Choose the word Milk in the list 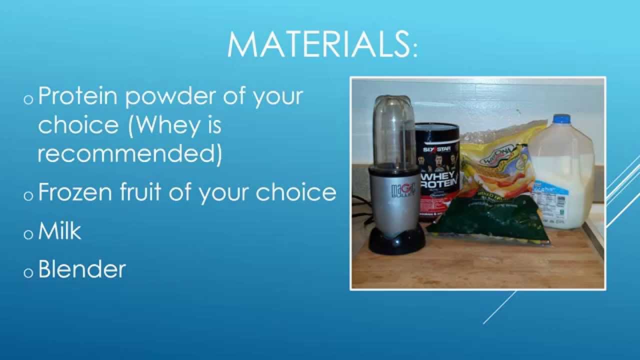(59, 231)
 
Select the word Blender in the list (81, 269)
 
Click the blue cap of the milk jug (562, 119)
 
